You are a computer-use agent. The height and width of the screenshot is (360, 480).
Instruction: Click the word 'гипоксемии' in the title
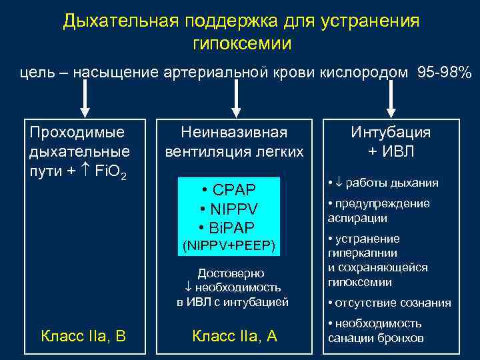click(241, 44)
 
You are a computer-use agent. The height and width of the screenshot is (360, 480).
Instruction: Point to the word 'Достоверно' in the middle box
click(231, 273)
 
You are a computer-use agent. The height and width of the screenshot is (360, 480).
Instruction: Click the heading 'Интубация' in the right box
click(391, 132)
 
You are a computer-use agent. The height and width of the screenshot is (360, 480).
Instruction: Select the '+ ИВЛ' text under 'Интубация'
click(391, 151)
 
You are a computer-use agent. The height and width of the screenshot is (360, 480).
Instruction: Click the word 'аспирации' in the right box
click(357, 218)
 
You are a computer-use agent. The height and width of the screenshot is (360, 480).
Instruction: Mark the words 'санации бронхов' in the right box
click(375, 337)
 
